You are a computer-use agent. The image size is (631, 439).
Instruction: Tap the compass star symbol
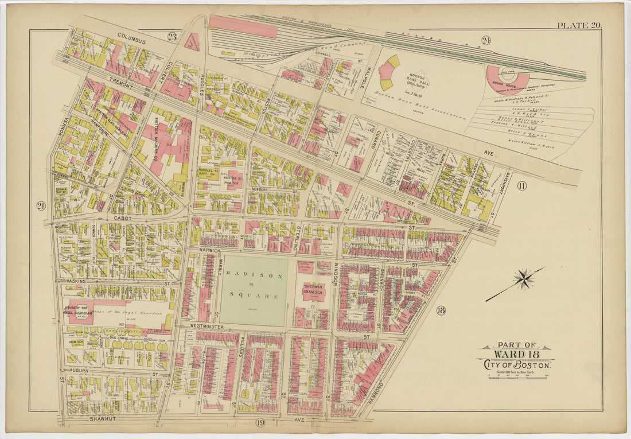coord(523,279)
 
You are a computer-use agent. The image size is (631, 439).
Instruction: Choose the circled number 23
coord(172,37)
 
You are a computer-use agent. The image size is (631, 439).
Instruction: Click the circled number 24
coord(486,40)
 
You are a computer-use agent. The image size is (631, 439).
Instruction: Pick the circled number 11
coord(521,185)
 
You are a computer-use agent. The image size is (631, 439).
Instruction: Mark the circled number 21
coord(41,205)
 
